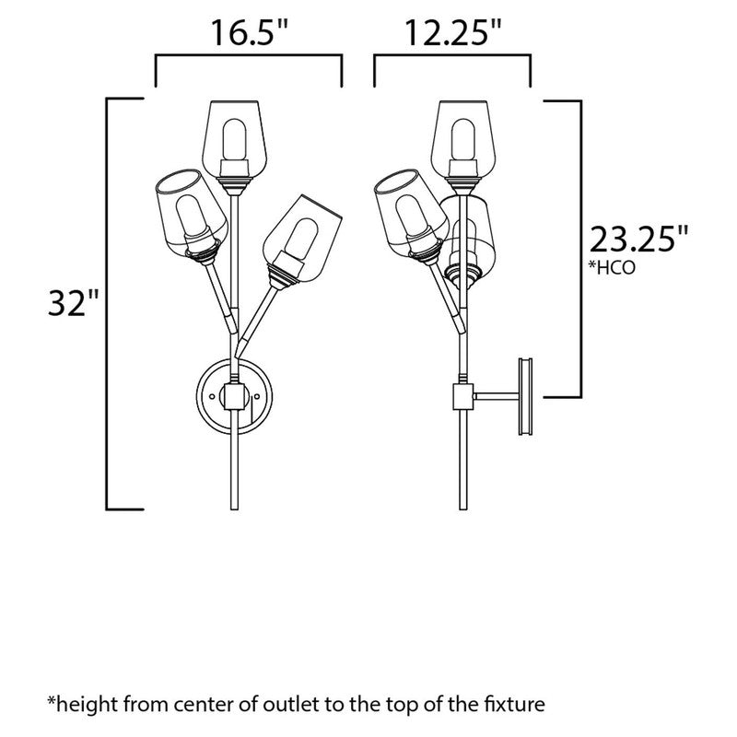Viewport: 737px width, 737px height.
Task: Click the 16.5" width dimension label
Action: [248, 35]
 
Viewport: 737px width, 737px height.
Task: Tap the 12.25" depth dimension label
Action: [451, 35]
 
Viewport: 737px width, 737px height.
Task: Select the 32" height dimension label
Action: [74, 303]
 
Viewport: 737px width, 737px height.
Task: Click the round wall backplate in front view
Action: [232, 395]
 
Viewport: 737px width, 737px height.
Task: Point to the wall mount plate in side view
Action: [527, 396]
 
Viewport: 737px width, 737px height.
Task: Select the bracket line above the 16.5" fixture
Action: [248, 58]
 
